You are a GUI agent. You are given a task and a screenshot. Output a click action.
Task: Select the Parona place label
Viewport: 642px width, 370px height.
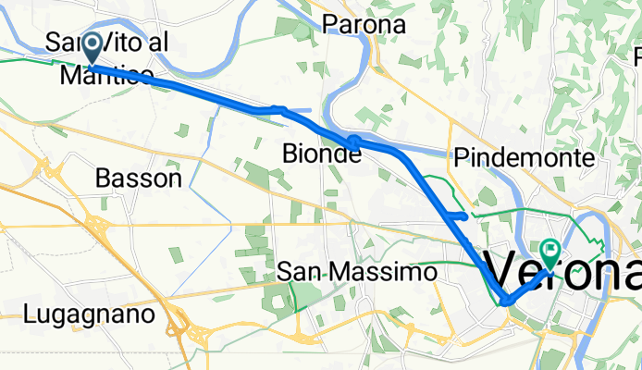[x=364, y=25]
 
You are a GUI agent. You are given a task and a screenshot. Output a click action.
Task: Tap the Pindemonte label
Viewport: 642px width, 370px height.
[x=524, y=158]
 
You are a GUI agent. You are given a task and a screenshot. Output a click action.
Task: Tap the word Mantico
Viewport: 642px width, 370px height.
[x=106, y=76]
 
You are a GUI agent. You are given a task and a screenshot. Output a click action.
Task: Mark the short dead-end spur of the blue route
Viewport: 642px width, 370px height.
[x=459, y=215]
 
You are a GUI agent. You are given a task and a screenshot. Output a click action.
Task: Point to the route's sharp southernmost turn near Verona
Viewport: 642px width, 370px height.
[x=505, y=301]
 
